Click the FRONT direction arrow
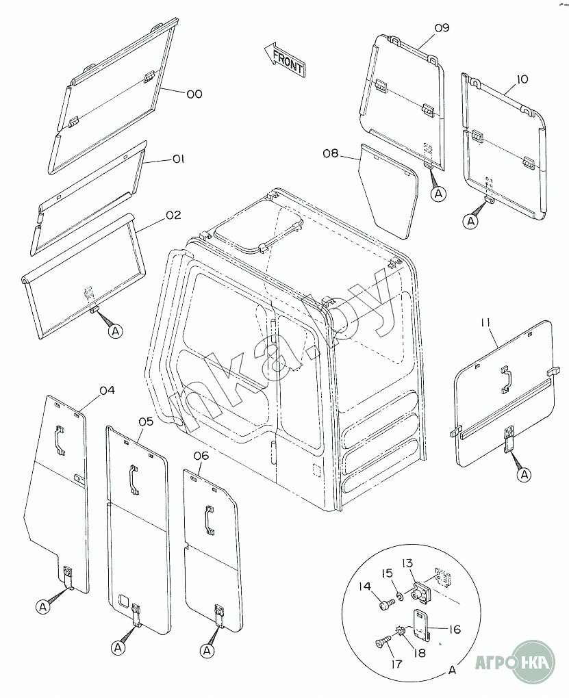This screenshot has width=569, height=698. click(x=283, y=60)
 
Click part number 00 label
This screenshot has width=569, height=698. click(x=194, y=94)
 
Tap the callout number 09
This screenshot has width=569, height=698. click(x=442, y=27)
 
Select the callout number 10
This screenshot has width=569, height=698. click(x=522, y=79)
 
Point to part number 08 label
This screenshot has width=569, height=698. click(x=331, y=153)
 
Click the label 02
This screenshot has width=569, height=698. click(x=173, y=216)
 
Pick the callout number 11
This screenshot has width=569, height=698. click(x=487, y=322)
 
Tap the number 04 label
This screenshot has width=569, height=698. click(x=107, y=390)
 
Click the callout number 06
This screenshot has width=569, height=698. click(x=201, y=456)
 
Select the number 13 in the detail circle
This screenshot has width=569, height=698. click(x=407, y=564)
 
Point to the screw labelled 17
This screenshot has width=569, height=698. click(x=383, y=643)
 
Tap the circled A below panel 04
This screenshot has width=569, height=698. click(x=42, y=607)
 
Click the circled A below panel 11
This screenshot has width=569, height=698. click(x=525, y=475)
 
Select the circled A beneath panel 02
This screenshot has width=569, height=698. click(x=116, y=331)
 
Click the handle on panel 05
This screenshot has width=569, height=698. click(x=133, y=480)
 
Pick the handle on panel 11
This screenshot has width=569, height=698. click(x=506, y=379)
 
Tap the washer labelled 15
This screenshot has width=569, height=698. click(x=399, y=595)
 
